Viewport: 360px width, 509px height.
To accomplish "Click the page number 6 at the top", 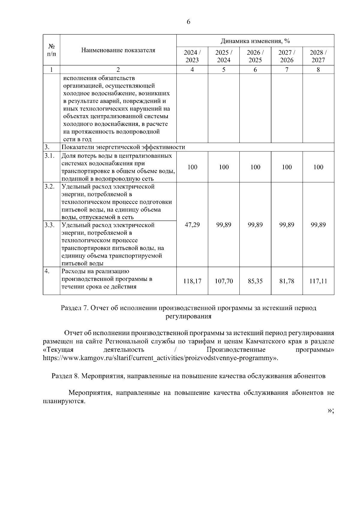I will pyautogui.click(x=188, y=22).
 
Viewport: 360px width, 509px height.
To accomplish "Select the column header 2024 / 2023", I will pyautogui.click(x=192, y=56).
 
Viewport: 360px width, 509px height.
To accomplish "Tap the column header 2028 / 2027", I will pyautogui.click(x=318, y=56).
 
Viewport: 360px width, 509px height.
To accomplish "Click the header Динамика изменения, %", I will pyautogui.click(x=255, y=41).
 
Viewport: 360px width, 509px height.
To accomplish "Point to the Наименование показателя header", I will pyautogui.click(x=118, y=50).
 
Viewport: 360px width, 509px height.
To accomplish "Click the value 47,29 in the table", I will pyautogui.click(x=192, y=225).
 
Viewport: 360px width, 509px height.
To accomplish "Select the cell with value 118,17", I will pyautogui.click(x=192, y=281).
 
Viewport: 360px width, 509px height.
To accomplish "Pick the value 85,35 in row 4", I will pyautogui.click(x=255, y=281).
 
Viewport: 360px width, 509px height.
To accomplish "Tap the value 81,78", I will pyautogui.click(x=286, y=281).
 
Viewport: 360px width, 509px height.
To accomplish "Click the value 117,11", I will pyautogui.click(x=318, y=281).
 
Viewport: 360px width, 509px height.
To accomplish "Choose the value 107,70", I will pyautogui.click(x=224, y=281).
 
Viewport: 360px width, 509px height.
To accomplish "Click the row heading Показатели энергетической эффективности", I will pyautogui.click(x=123, y=147).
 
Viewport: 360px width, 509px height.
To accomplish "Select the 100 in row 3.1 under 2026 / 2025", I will pyautogui.click(x=255, y=167).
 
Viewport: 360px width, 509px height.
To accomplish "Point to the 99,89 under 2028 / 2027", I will pyautogui.click(x=318, y=225).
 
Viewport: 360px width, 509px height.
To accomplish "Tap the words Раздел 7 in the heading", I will pyautogui.click(x=74, y=308).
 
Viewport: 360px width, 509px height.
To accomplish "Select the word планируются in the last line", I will pyautogui.click(x=64, y=401).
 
